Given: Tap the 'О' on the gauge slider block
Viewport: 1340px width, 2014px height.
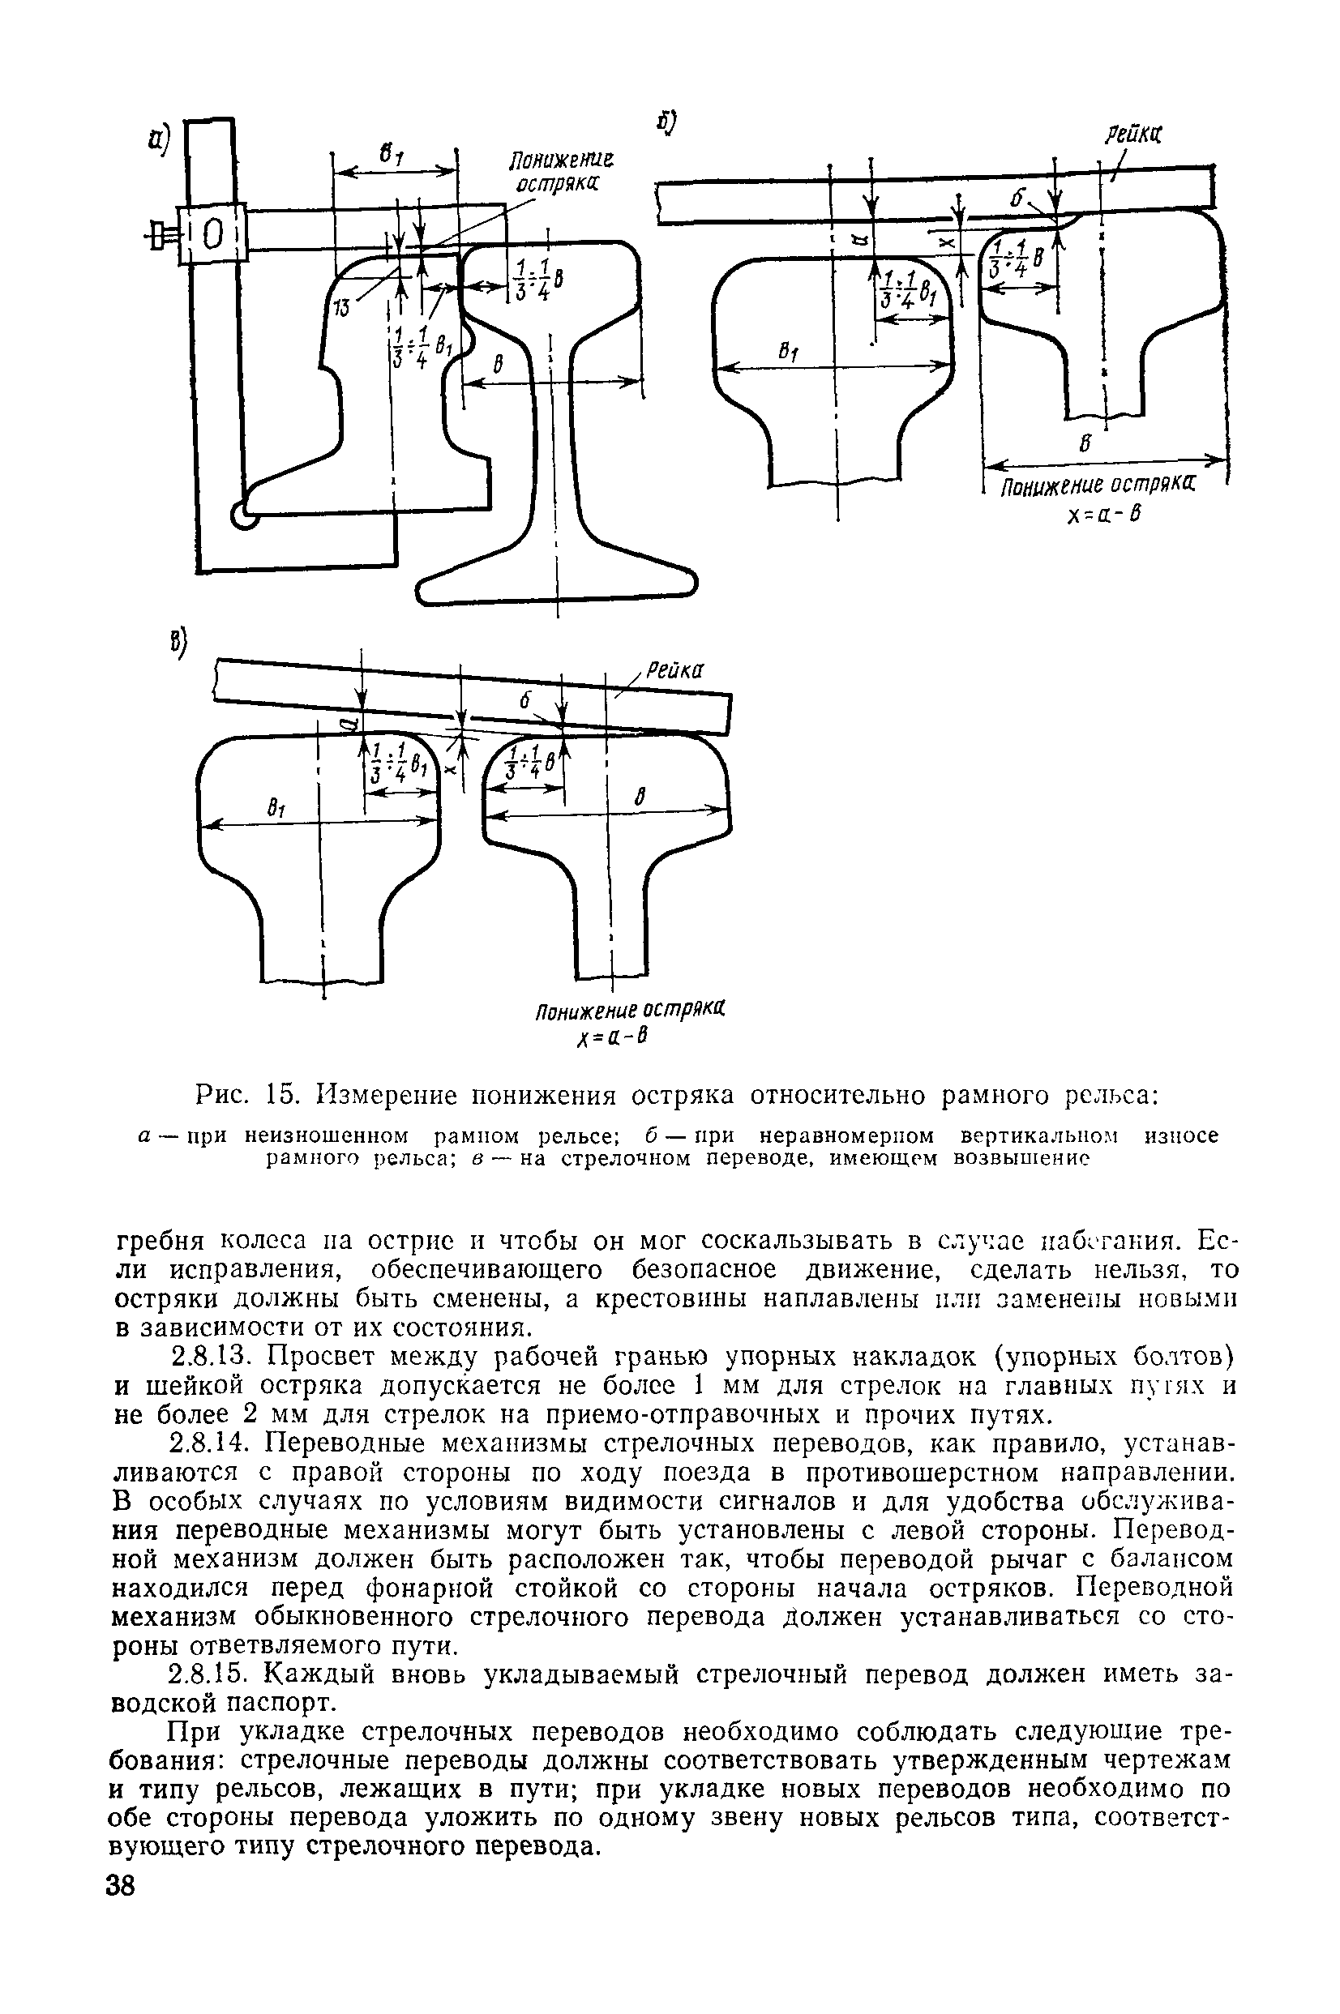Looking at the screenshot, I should tap(212, 233).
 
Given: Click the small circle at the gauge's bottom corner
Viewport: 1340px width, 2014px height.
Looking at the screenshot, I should tap(243, 515).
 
